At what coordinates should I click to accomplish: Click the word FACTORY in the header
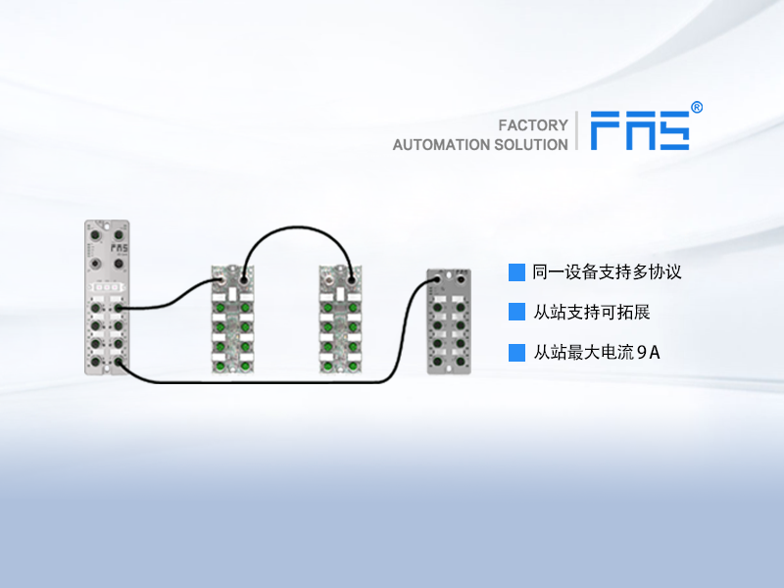(x=533, y=125)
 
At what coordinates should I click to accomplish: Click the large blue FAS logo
(x=639, y=130)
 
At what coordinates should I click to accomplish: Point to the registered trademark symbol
(x=697, y=108)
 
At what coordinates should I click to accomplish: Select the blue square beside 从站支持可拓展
(x=516, y=313)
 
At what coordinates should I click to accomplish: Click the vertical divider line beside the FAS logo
(x=577, y=130)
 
